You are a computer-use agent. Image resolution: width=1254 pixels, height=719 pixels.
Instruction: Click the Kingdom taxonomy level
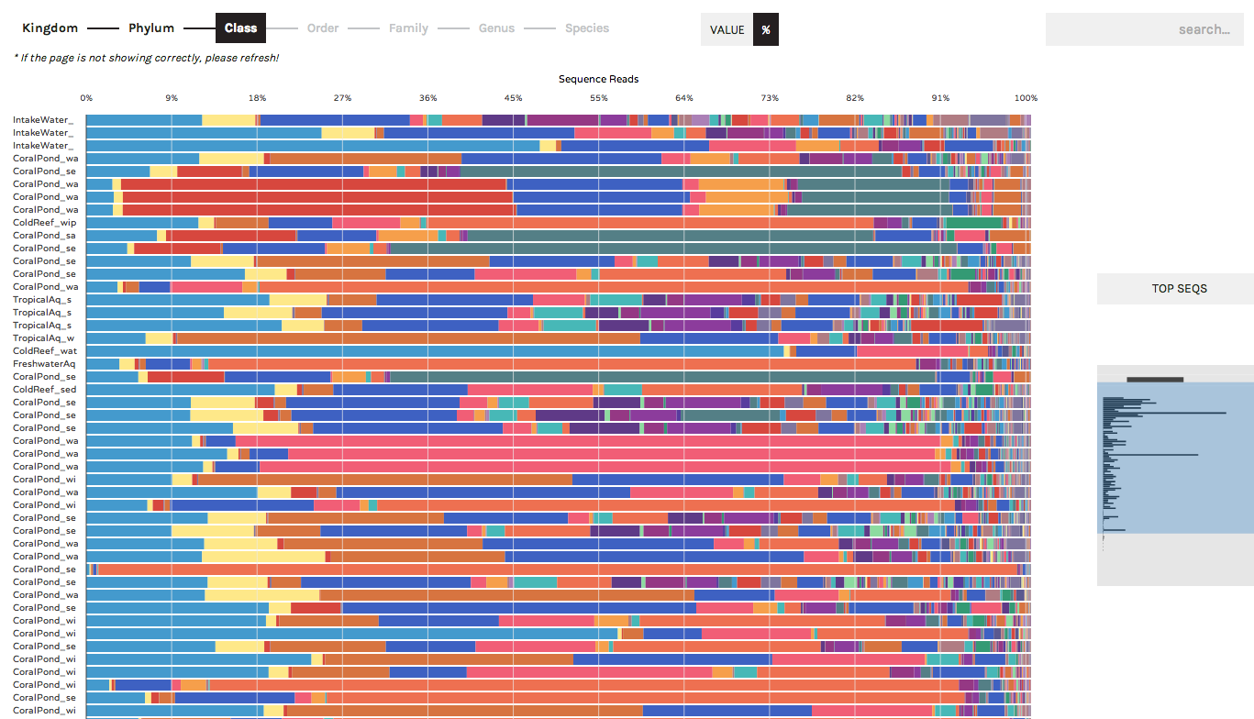(x=50, y=28)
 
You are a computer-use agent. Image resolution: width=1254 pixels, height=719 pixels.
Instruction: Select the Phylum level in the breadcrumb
(x=151, y=28)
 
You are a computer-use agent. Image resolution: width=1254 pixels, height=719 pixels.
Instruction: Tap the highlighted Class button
(x=240, y=28)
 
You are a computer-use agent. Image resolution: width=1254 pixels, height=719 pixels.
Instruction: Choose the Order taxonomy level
(x=323, y=28)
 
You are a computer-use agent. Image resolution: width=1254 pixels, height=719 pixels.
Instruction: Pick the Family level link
(x=408, y=28)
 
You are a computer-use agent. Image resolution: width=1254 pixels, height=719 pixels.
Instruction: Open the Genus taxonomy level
(x=496, y=28)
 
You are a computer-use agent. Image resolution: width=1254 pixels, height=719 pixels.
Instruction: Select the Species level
(x=587, y=28)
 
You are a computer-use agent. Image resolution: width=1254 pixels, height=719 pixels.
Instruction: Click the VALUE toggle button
(x=727, y=29)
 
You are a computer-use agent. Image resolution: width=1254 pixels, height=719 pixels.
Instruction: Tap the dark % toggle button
(x=766, y=29)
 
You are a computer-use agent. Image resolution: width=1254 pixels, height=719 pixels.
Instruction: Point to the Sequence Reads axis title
(x=598, y=79)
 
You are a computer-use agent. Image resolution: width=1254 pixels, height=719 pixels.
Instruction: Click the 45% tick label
(x=513, y=98)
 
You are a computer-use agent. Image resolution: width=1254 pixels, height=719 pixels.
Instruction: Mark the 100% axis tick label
(x=1026, y=98)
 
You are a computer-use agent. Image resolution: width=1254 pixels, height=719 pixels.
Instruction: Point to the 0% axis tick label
(x=86, y=98)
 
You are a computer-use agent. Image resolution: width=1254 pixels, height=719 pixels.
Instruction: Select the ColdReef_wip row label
(x=45, y=223)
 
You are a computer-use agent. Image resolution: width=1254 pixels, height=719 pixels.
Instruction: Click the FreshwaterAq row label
(x=44, y=364)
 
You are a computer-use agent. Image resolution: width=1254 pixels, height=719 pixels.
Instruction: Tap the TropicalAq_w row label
(x=43, y=338)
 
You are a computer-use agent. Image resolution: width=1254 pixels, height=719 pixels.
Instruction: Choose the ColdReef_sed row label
(x=45, y=390)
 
